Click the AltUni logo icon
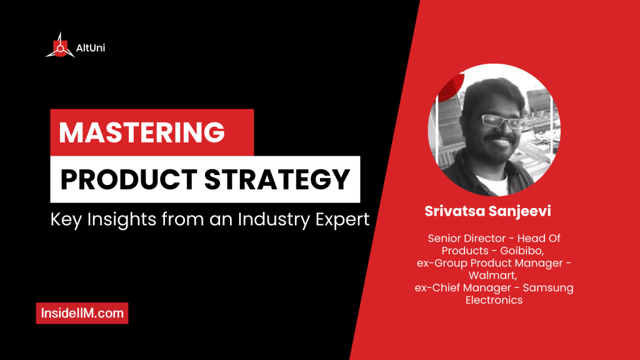pyautogui.click(x=60, y=46)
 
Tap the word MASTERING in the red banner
pyautogui.click(x=142, y=133)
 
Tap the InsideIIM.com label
pyautogui.click(x=82, y=313)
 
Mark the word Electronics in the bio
pyautogui.click(x=494, y=300)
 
